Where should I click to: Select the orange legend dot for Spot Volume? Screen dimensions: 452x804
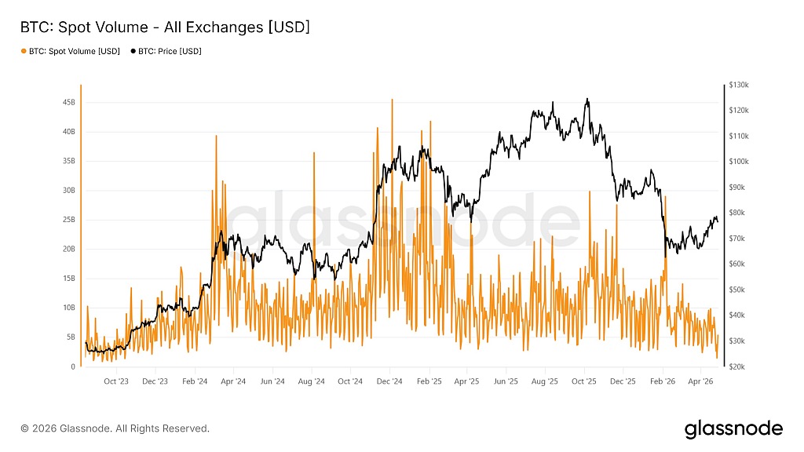(23, 52)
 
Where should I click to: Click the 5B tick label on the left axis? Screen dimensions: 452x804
(70, 337)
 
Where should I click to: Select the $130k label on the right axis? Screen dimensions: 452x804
(740, 84)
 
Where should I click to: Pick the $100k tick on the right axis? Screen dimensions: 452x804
(740, 162)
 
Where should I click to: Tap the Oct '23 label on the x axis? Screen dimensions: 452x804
(116, 381)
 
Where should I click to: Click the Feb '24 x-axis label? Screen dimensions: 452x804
(194, 381)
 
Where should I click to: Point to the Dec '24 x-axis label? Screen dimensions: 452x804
(389, 381)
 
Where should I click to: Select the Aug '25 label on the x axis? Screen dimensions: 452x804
(545, 381)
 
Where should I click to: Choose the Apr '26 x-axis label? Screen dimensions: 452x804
(700, 381)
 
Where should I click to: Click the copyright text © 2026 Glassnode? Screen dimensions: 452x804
(115, 428)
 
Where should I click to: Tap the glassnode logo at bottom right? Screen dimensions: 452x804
(733, 428)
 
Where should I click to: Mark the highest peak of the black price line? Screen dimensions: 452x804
(587, 99)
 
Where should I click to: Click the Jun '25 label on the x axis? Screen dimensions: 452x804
(506, 381)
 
